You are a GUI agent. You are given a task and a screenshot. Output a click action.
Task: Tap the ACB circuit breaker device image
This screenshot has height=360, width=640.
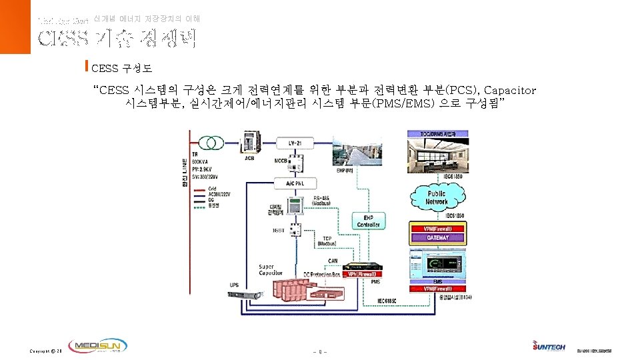(250, 147)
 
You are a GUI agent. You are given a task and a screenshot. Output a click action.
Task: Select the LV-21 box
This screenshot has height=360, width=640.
(294, 143)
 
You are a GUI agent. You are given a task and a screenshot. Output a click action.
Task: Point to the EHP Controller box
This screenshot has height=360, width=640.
(368, 221)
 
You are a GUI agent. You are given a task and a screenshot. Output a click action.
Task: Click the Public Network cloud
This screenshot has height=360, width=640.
(437, 197)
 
